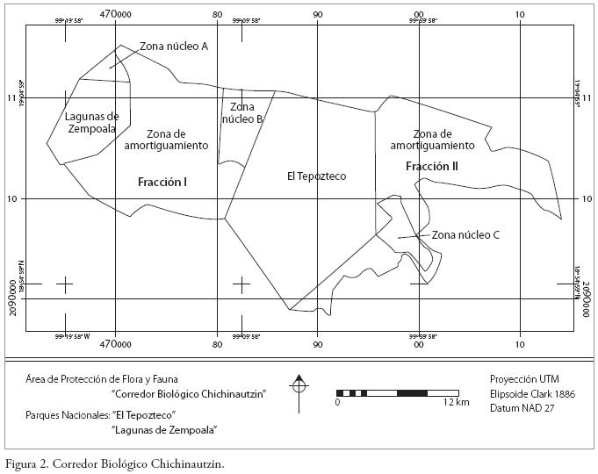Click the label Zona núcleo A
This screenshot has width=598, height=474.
click(174, 47)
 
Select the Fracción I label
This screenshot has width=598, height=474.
click(163, 182)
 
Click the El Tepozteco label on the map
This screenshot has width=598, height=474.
click(316, 176)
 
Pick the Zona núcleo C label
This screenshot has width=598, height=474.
click(466, 235)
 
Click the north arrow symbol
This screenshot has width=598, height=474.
click(299, 384)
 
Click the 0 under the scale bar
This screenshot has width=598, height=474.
click(337, 402)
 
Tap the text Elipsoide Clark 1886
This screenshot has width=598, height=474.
click(532, 394)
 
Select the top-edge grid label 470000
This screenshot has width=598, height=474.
click(116, 14)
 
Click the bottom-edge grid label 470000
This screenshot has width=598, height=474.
click(116, 344)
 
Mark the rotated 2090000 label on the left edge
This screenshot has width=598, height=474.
click(13, 298)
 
